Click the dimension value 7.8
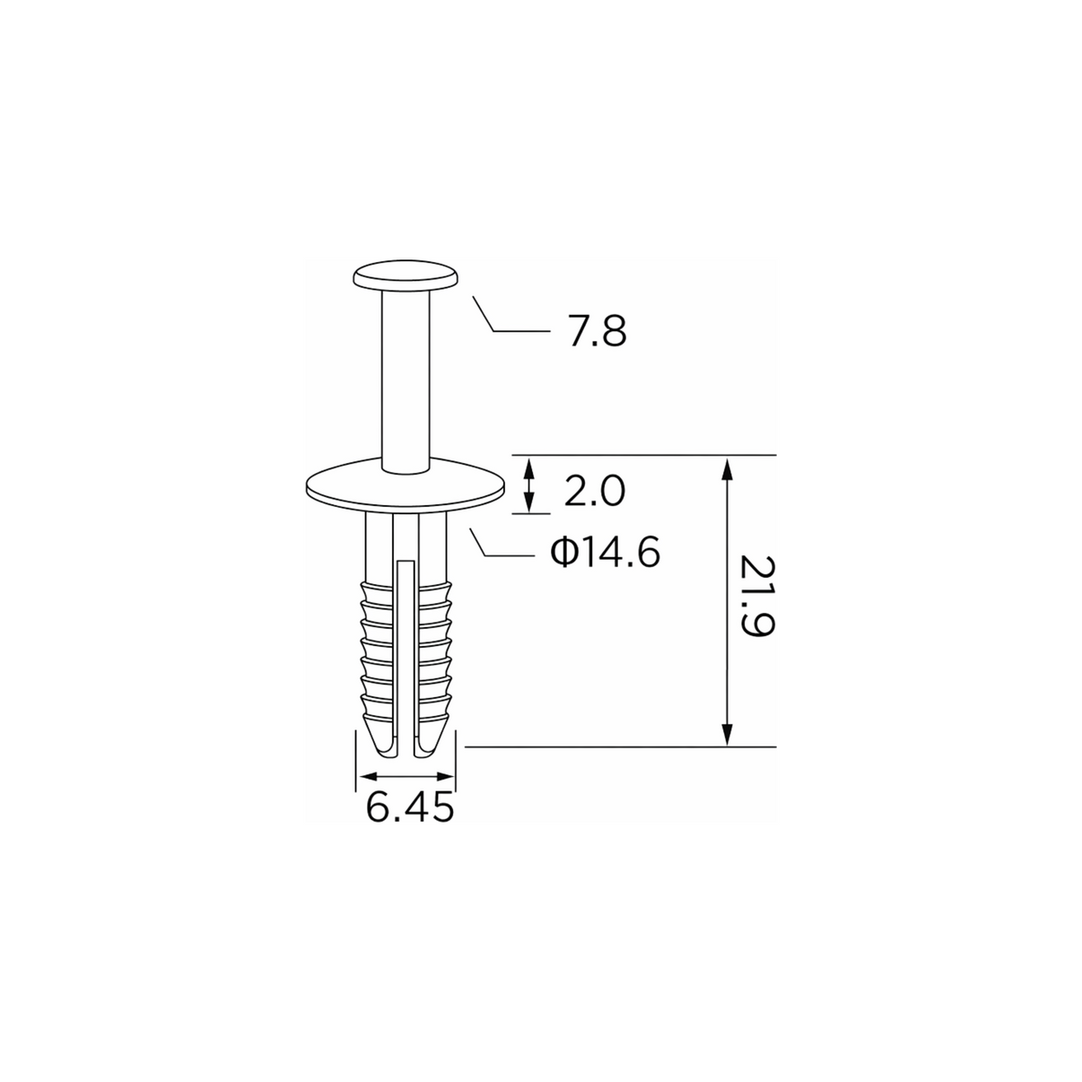pyautogui.click(x=598, y=332)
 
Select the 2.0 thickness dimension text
pyautogui.click(x=594, y=491)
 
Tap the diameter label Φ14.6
pyautogui.click(x=606, y=552)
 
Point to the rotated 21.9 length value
pyautogui.click(x=757, y=603)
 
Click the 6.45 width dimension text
pyautogui.click(x=410, y=808)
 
